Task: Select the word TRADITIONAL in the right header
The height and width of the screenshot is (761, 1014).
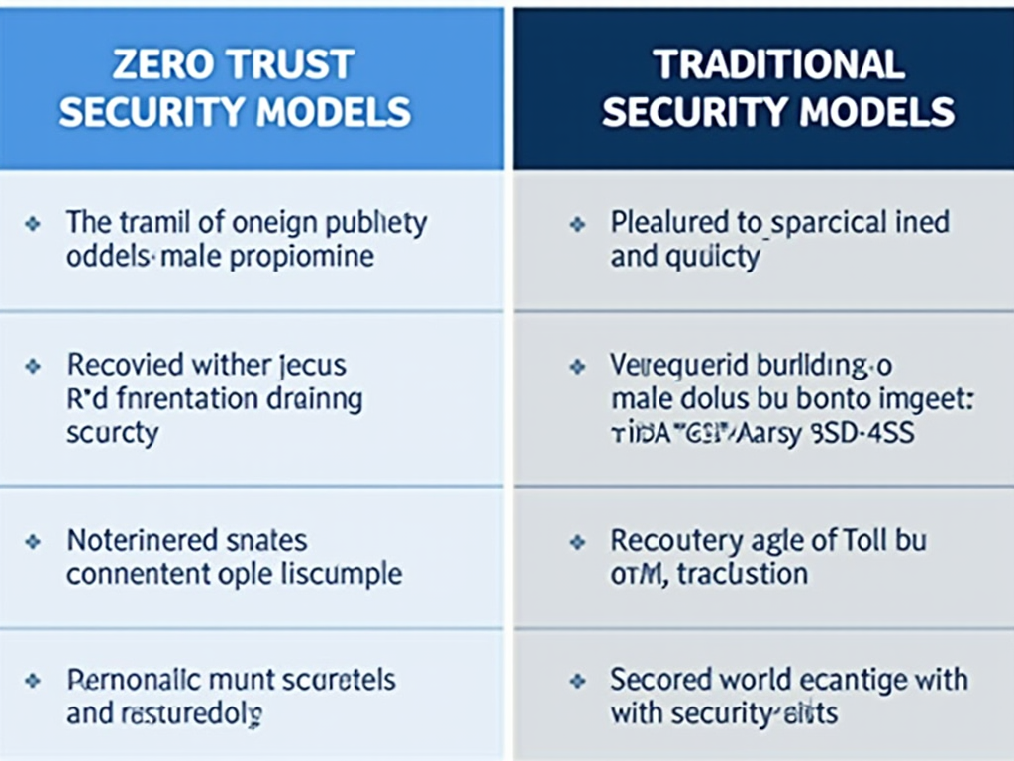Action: [x=778, y=65]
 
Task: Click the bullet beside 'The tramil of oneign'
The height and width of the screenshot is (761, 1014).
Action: [x=33, y=225]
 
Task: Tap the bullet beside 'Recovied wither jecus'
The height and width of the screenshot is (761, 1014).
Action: [x=33, y=367]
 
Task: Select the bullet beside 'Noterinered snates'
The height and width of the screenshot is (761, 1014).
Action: [x=33, y=542]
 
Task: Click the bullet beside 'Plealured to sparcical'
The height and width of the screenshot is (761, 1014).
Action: [x=577, y=225]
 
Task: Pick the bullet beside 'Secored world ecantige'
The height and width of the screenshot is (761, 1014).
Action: [x=577, y=682]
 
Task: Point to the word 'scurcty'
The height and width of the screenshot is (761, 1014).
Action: [x=112, y=434]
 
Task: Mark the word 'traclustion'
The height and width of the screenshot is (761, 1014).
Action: [x=743, y=573]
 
